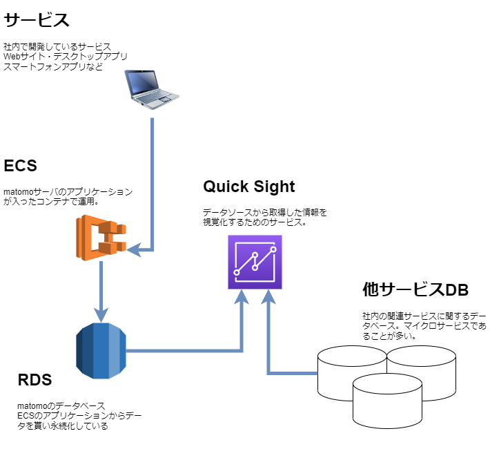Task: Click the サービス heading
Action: pos(37,20)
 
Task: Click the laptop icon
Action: pos(152,90)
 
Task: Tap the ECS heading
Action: pos(20,166)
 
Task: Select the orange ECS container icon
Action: pos(101,238)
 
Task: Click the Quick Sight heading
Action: pos(248,187)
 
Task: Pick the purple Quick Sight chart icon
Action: pos(255,262)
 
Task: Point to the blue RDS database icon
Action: pos(101,351)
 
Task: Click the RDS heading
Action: pos(35,380)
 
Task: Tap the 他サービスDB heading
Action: pos(415,289)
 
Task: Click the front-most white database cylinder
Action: pos(387,401)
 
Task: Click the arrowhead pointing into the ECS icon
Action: pos(134,250)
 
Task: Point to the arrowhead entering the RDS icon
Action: pos(101,316)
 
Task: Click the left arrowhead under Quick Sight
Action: pos(242,297)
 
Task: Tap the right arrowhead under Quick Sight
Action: pos(268,297)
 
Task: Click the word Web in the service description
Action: pos(12,57)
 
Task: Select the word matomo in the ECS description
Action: pos(19,192)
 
